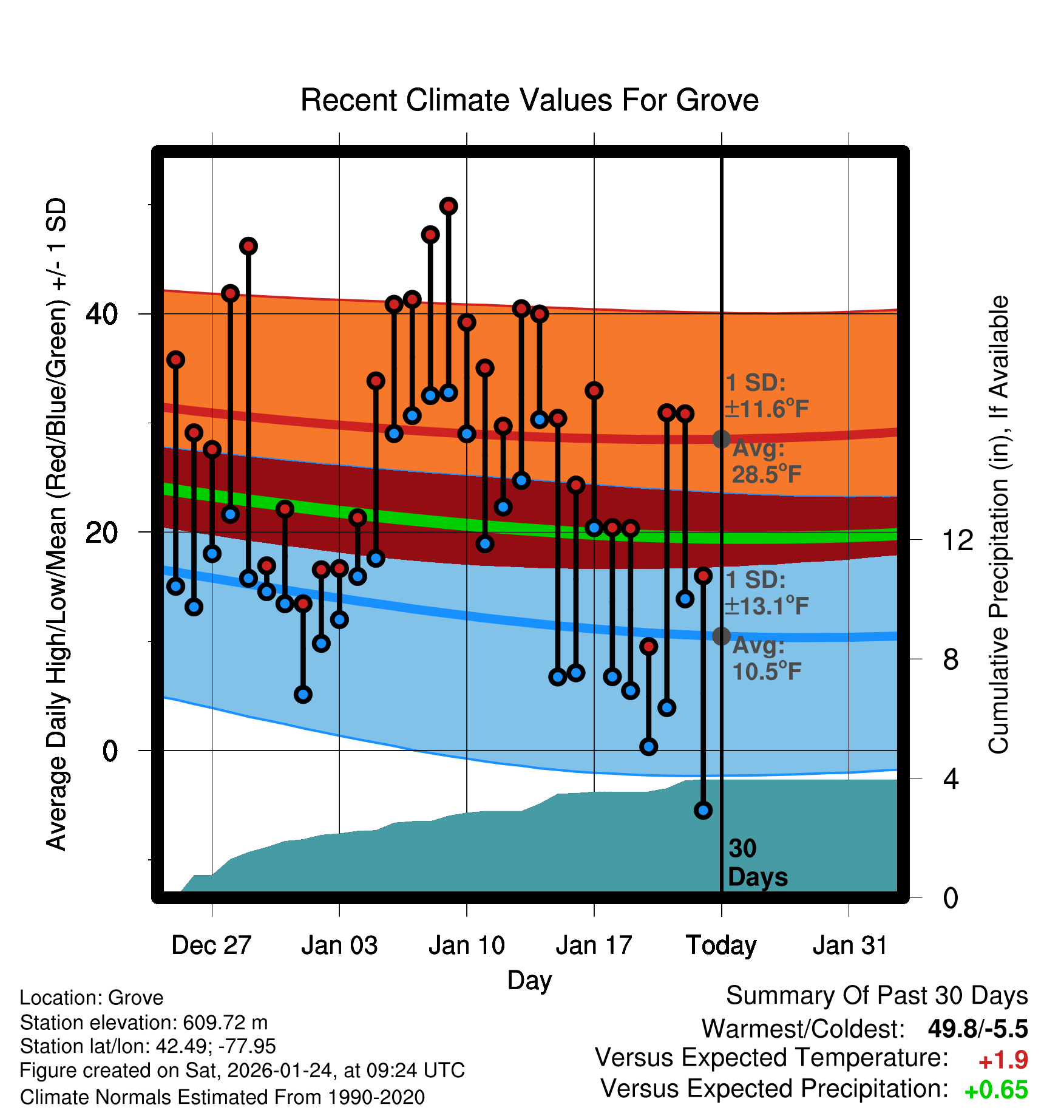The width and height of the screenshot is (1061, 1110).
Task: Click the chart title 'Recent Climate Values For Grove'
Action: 529,101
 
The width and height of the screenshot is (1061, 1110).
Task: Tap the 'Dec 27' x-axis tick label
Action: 211,945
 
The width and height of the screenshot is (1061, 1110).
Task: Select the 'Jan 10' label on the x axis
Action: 466,945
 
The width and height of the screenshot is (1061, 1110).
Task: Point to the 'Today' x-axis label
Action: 721,945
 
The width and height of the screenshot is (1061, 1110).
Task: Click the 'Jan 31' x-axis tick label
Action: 850,945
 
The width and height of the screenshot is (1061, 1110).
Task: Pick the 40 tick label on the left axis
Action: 101,314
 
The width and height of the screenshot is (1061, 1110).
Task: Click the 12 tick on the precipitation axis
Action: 957,540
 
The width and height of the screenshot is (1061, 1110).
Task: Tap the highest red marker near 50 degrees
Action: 449,206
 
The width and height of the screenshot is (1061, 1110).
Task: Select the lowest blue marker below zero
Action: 703,810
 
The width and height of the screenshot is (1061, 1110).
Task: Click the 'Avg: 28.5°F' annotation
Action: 766,461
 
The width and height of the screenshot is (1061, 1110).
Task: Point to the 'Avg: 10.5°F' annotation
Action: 766,659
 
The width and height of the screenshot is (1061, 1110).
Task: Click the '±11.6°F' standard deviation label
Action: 767,409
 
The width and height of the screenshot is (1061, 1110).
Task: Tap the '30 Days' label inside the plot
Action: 757,863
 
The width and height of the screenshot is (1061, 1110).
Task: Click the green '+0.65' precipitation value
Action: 995,1091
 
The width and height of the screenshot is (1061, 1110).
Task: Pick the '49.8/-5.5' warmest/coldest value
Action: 977,1029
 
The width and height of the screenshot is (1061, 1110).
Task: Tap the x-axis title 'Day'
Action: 529,980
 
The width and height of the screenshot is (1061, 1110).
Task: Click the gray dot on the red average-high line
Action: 721,439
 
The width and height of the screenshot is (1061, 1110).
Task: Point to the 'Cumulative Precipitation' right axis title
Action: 998,525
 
